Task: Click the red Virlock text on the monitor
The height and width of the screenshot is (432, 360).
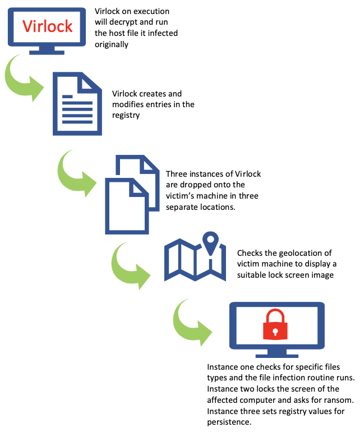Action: pos(47,26)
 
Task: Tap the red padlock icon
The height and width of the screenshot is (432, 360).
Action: pos(275,324)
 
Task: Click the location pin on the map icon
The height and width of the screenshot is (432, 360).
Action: pos(210,243)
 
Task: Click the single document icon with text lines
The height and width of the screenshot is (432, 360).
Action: pos(77,104)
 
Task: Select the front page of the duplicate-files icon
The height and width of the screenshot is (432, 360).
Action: pos(127,206)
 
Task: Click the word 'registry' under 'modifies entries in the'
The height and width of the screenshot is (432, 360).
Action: pos(126,116)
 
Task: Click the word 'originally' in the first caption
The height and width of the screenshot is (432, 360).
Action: pos(112,44)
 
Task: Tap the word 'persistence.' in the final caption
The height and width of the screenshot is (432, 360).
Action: pos(229,422)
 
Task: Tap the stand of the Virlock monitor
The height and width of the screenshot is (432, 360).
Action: pos(47,50)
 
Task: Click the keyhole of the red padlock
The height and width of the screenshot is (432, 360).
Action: pos(275,332)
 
